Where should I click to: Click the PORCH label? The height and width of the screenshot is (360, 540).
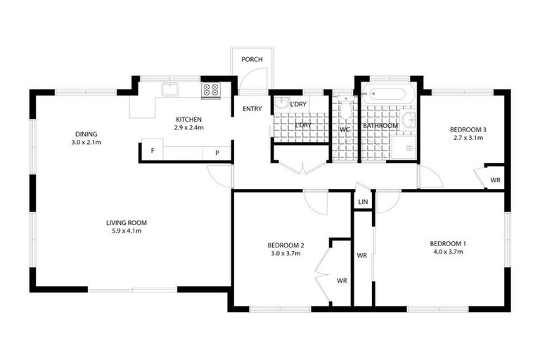[252, 59]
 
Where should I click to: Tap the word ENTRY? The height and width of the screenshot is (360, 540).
[252, 109]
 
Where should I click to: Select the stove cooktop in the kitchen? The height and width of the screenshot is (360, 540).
[211, 89]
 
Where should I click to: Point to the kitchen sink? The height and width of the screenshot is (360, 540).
[171, 89]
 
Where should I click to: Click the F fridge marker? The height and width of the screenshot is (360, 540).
[151, 152]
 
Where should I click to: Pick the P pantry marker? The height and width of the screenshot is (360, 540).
[217, 152]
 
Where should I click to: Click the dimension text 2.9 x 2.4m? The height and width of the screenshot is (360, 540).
[188, 128]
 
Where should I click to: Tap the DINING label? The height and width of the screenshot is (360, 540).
[86, 134]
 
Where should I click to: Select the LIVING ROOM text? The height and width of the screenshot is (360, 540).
[127, 223]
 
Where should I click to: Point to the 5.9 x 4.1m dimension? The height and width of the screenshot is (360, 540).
[127, 231]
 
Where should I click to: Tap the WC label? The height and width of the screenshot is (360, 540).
[345, 130]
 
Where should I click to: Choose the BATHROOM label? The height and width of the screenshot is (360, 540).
[380, 126]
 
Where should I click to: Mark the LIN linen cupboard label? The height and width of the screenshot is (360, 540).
[363, 202]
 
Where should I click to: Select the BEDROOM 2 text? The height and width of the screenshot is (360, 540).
[285, 245]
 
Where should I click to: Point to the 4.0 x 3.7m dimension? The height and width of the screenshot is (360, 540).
[448, 252]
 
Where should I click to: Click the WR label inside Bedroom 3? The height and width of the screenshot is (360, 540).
[495, 181]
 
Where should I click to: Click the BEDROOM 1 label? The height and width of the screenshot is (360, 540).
[448, 243]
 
